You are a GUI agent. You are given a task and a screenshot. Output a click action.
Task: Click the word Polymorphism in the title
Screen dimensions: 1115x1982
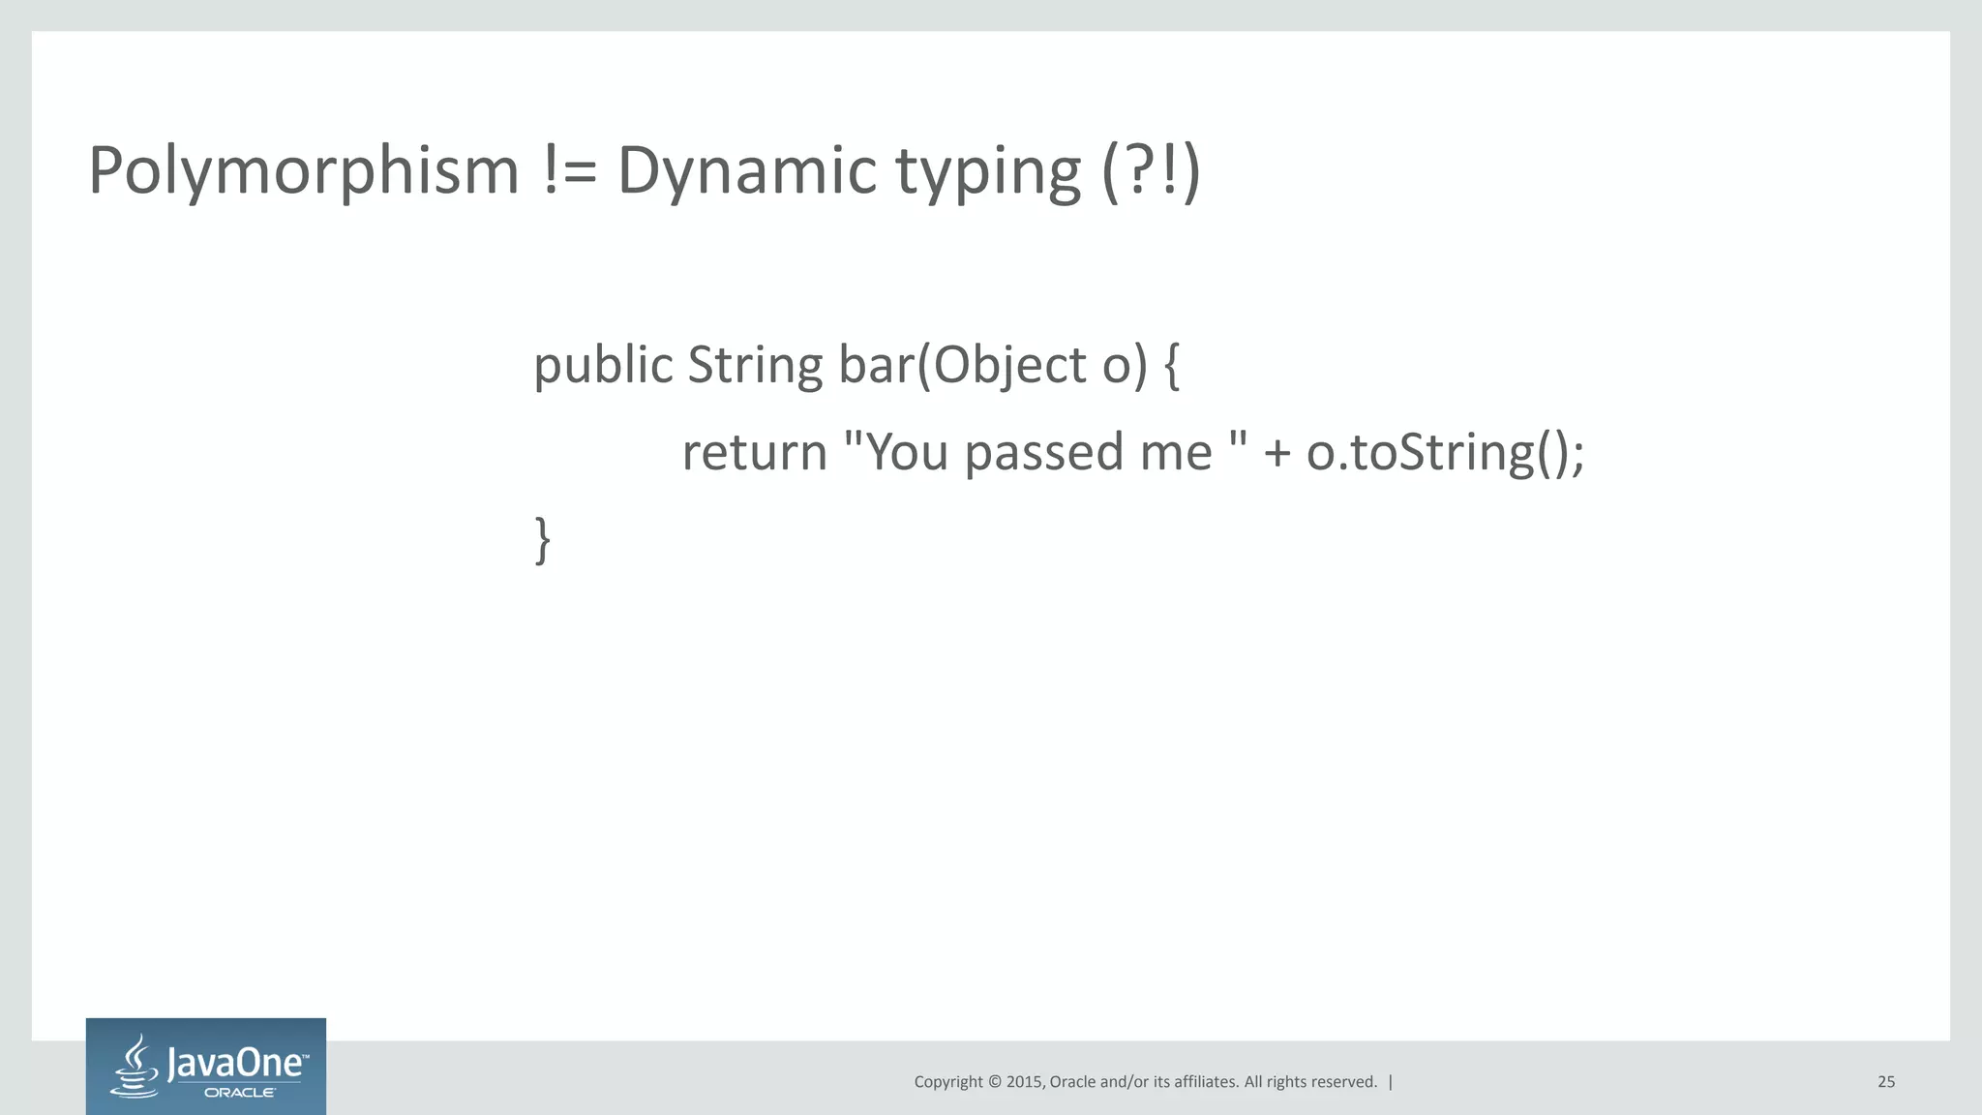(x=304, y=170)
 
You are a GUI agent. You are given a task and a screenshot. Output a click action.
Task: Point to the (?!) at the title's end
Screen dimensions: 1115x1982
(x=1151, y=170)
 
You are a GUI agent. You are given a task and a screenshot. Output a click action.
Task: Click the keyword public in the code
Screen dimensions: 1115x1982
(x=603, y=365)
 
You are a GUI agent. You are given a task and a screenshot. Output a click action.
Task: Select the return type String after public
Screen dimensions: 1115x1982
(x=755, y=365)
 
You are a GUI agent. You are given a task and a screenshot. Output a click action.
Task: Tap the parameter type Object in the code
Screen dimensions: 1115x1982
(x=1011, y=365)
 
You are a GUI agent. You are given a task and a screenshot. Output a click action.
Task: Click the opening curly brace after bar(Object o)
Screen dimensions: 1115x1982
(x=1171, y=366)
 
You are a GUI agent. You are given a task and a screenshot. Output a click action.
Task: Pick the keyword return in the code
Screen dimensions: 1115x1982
(x=754, y=453)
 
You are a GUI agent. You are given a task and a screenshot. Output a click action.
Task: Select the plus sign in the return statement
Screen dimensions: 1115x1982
(x=1276, y=453)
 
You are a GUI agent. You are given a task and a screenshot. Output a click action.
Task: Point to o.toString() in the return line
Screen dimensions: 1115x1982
(x=1444, y=453)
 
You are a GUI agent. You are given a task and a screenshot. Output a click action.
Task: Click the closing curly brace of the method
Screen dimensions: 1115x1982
(x=543, y=539)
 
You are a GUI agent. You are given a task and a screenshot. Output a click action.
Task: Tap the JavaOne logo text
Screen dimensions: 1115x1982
(x=237, y=1064)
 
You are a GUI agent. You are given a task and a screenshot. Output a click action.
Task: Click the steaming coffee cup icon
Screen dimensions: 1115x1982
(x=135, y=1066)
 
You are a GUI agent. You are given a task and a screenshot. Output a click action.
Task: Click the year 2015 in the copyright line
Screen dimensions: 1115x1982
(x=1025, y=1082)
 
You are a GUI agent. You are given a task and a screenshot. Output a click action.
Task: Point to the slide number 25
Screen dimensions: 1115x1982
(x=1886, y=1082)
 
